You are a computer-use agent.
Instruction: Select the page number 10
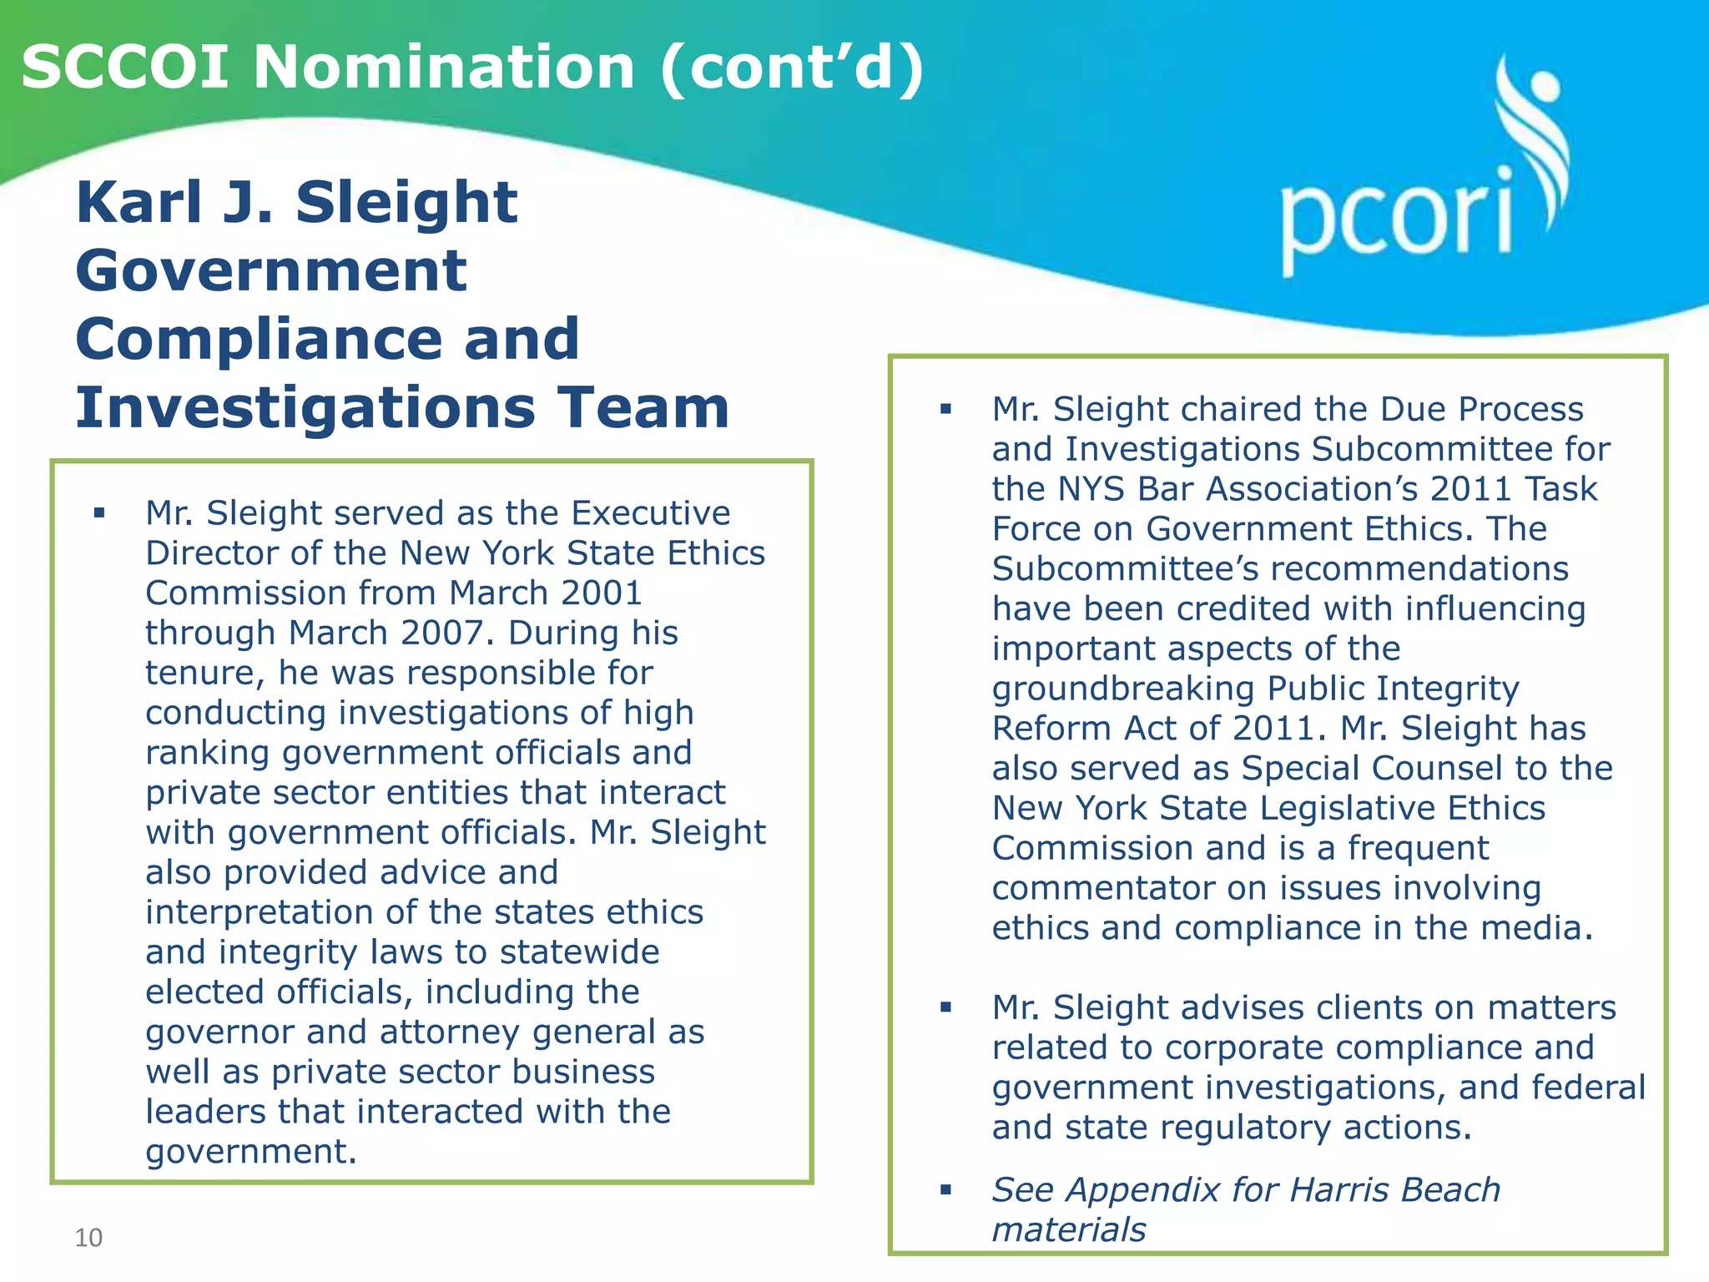coord(88,1237)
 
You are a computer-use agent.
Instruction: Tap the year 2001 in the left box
coord(602,593)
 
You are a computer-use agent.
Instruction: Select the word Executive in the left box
coord(651,513)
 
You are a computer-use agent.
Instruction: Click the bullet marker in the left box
coord(100,513)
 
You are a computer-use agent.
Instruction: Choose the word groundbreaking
coord(1122,689)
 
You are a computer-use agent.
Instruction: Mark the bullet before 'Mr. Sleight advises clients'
coord(945,1007)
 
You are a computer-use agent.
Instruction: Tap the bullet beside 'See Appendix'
coord(945,1190)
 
